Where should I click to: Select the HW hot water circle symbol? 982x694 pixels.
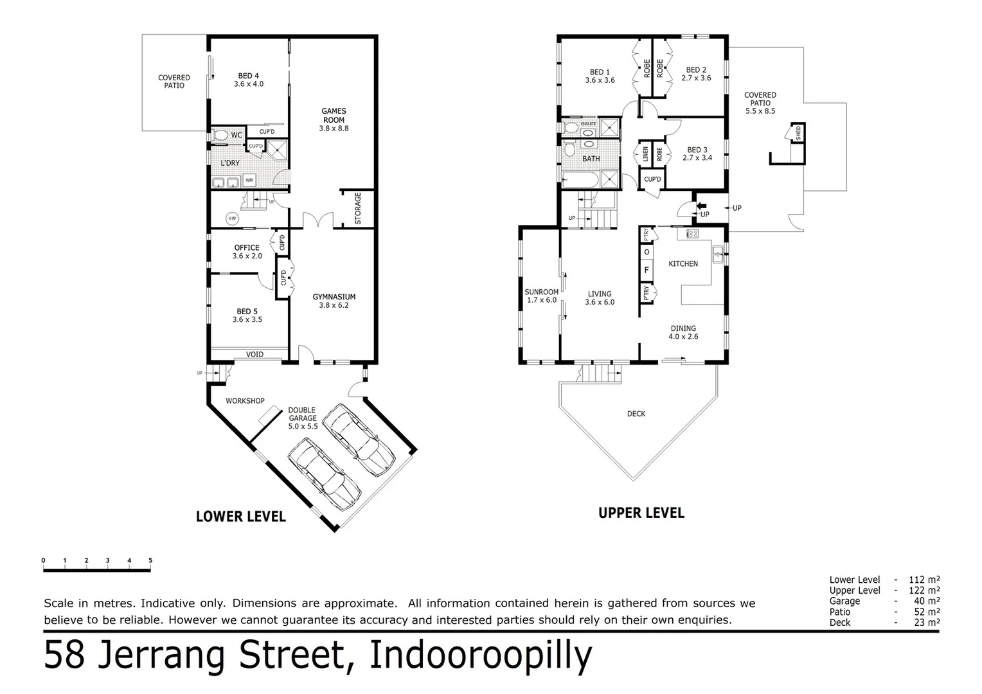232,219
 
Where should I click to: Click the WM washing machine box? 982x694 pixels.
249,179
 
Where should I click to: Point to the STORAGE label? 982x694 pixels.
358,208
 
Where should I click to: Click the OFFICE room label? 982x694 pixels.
247,247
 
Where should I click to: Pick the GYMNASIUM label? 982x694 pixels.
334,297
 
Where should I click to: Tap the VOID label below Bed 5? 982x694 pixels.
254,355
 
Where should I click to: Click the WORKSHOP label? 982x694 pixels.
245,401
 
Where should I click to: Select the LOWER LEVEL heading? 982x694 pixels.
240,517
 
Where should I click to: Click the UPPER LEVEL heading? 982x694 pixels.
641,513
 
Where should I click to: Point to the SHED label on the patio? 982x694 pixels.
798,134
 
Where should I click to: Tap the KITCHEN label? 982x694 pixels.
683,263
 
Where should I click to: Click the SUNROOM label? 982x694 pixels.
541,292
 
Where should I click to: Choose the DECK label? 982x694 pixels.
636,414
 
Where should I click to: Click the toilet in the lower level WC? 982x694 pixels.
220,135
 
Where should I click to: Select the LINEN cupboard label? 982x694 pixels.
645,155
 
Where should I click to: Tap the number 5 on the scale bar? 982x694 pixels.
150,560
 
